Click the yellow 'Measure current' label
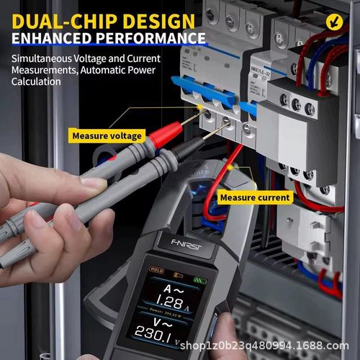255,197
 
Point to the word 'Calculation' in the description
36,81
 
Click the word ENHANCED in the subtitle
54,37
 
